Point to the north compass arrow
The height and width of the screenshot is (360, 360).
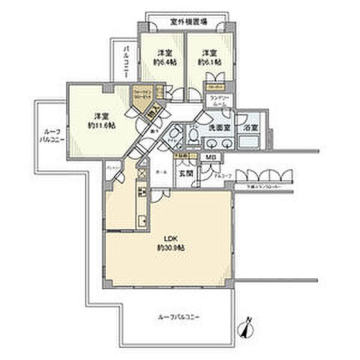tap(249, 328)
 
